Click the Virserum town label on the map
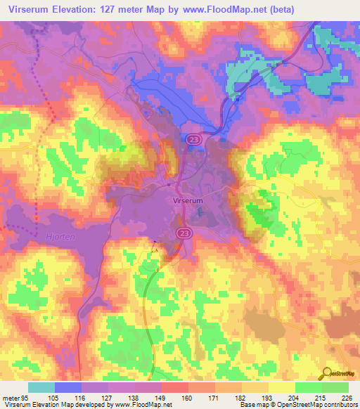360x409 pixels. coord(188,200)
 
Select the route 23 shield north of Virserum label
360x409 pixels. coord(193,141)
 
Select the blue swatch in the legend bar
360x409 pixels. coord(68,387)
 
